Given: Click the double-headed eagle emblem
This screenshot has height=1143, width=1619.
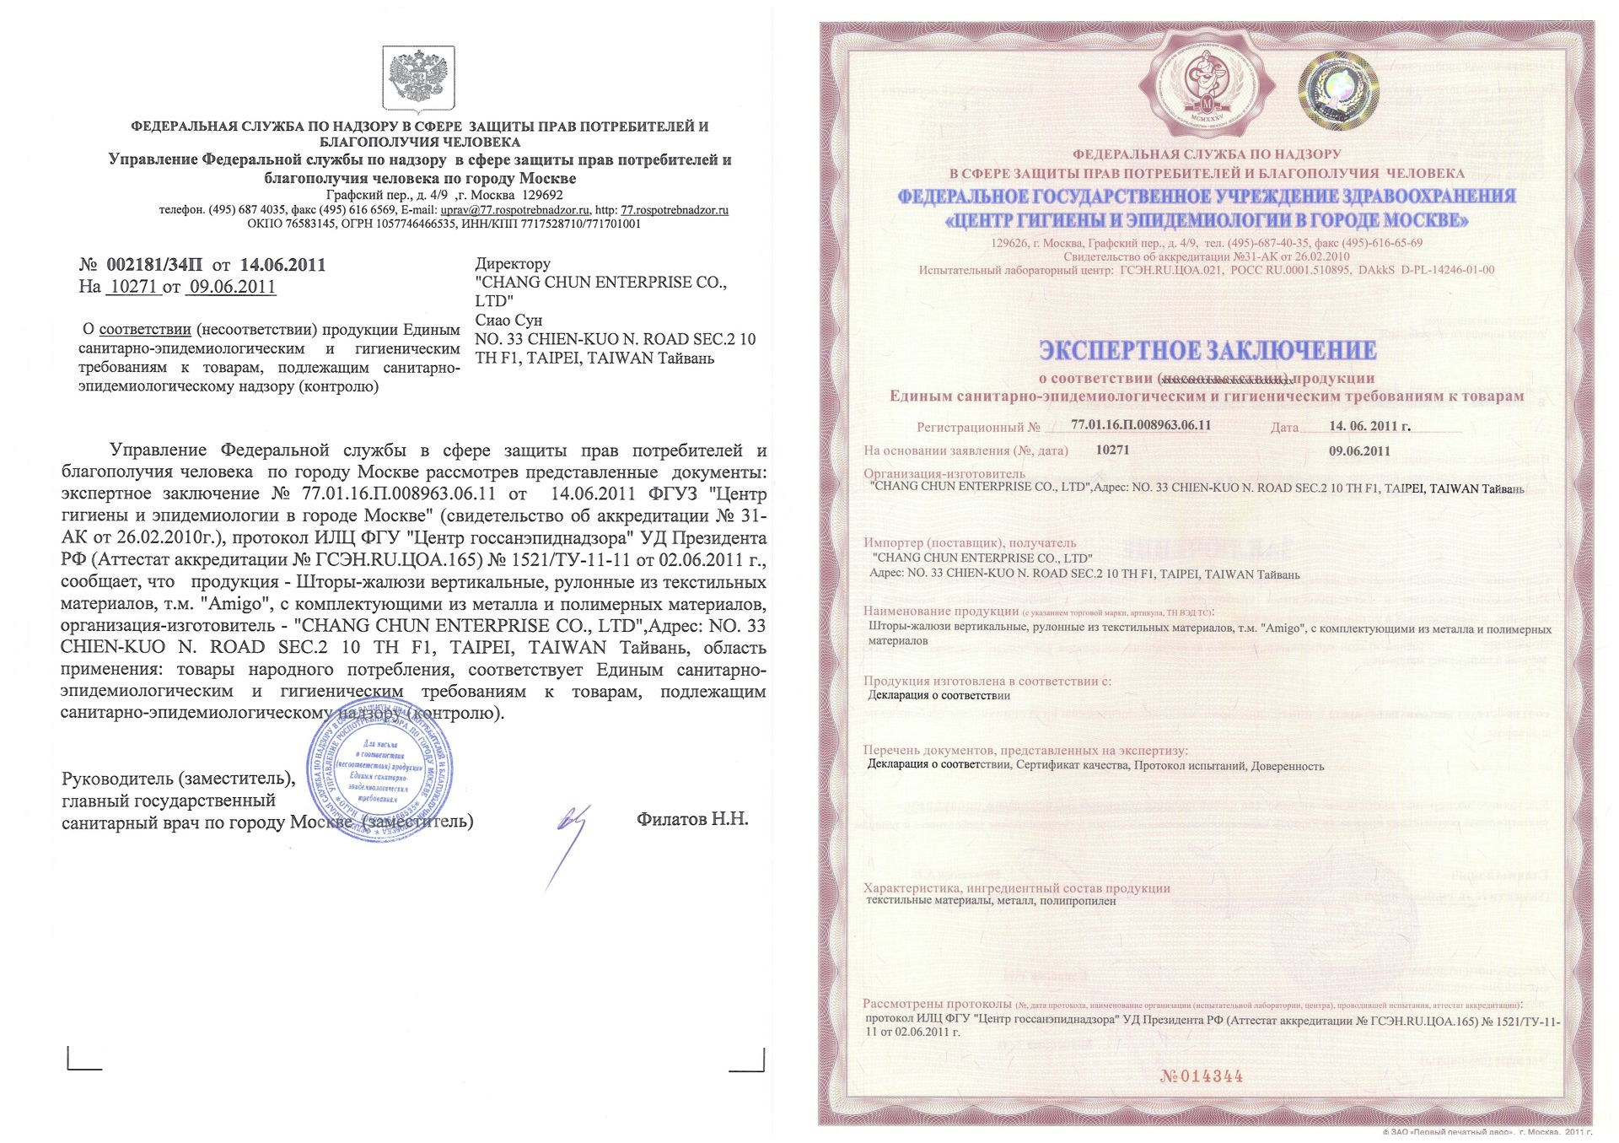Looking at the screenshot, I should pyautogui.click(x=419, y=78).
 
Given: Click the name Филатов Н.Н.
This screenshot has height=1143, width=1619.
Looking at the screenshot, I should pyautogui.click(x=692, y=819).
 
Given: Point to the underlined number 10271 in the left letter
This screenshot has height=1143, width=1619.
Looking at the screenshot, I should pyautogui.click(x=134, y=287).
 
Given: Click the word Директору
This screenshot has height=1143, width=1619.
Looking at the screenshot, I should pyautogui.click(x=513, y=263).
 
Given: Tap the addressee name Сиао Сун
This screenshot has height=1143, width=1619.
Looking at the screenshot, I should pyautogui.click(x=508, y=320).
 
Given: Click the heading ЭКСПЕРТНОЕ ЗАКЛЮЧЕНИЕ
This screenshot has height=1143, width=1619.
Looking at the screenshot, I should pyautogui.click(x=1208, y=350).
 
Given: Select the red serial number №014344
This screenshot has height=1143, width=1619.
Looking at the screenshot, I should pyautogui.click(x=1201, y=1076).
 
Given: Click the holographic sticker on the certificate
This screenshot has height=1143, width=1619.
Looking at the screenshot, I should pyautogui.click(x=1338, y=91).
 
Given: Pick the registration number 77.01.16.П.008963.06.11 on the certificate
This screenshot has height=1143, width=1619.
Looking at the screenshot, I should pyautogui.click(x=1141, y=425).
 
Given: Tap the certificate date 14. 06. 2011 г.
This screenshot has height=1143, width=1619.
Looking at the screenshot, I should pyautogui.click(x=1369, y=426).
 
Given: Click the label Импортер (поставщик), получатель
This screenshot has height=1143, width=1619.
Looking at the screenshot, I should pyautogui.click(x=970, y=543).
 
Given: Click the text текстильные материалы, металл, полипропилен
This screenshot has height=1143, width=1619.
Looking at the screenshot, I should pyautogui.click(x=991, y=901).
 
